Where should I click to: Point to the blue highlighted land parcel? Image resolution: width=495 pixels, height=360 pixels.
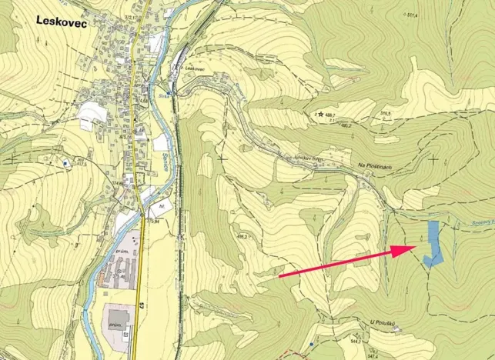point(433,243)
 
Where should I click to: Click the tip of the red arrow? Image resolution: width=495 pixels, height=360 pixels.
point(414,247)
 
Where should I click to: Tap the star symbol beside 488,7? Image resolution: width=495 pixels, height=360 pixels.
point(319,115)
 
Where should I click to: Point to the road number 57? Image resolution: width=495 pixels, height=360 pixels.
point(142,305)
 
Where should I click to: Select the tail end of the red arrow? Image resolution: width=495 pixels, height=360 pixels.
point(279,275)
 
